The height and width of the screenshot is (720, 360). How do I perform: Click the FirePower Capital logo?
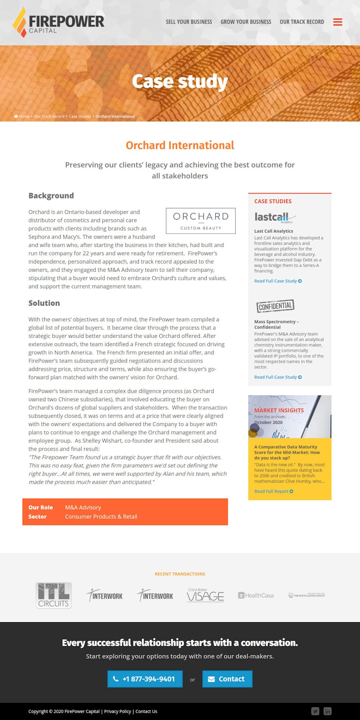pos(59,22)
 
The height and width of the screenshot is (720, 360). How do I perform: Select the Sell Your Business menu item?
pos(189,22)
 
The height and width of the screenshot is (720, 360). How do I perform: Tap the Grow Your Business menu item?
pos(246,22)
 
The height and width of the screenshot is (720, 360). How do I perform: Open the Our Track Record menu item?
pos(302,22)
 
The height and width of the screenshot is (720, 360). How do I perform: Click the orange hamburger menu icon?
pos(338,22)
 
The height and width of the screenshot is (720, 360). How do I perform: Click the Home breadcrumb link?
pos(24,116)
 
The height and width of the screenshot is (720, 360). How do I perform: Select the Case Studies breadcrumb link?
pos(80,116)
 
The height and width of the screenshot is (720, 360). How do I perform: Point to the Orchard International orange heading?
pos(180,145)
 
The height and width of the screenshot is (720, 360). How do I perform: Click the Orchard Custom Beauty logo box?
pos(201,221)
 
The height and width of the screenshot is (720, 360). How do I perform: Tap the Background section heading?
pos(51,196)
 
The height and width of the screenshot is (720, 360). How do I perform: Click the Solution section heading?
pos(44,303)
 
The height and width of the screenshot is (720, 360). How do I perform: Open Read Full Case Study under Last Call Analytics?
pos(278,281)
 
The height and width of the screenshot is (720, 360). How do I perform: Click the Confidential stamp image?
pos(276,306)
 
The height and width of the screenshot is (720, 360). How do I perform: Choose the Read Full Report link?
pos(274,492)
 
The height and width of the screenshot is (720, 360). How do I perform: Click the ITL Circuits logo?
pos(54,595)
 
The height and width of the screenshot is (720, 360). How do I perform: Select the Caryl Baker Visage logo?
pos(205,595)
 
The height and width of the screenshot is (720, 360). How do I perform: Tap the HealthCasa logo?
pos(256,595)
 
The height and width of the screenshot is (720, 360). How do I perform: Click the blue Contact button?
pos(227,679)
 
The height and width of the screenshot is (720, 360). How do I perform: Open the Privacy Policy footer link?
pos(118,711)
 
